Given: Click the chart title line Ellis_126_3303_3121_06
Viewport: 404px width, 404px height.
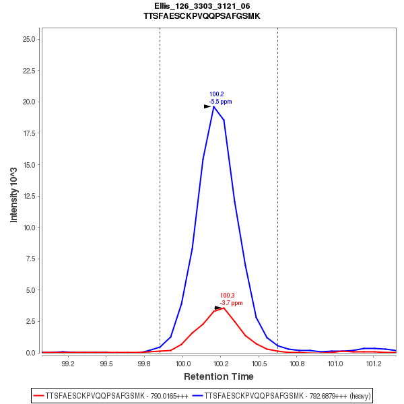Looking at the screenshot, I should [202, 6].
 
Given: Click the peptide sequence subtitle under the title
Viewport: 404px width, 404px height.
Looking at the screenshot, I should [202, 15].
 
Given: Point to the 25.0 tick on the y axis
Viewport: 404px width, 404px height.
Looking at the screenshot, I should [29, 39].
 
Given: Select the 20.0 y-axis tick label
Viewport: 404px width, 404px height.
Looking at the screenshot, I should [29, 102].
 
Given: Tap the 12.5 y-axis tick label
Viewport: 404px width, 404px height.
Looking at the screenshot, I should [29, 196].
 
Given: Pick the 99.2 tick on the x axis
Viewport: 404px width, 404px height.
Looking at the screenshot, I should [67, 363].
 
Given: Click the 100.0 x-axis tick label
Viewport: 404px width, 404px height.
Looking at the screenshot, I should [182, 363].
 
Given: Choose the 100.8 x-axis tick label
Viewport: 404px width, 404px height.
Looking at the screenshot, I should [296, 363].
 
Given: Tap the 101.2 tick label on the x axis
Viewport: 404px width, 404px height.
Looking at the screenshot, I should [372, 363].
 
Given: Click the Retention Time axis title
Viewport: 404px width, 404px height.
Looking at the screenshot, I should [219, 376].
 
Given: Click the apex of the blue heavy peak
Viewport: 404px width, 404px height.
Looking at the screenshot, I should [213, 106].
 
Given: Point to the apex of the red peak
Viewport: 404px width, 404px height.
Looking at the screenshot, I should [224, 308].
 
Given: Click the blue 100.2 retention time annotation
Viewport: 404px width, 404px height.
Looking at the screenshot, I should [216, 94].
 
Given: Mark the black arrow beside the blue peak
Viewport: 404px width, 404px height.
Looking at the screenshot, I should [207, 106].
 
